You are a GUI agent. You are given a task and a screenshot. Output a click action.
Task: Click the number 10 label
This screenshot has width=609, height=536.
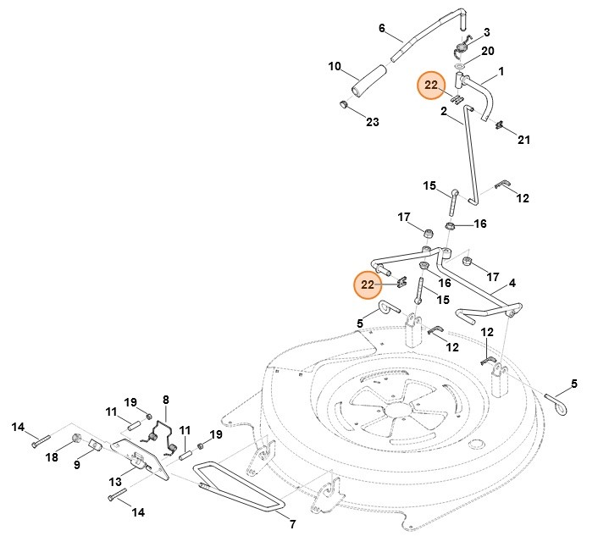point(335,66)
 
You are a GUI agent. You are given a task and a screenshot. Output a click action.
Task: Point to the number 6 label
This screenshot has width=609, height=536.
point(382,28)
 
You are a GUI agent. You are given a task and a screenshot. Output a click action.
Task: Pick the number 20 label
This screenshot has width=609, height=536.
point(487,51)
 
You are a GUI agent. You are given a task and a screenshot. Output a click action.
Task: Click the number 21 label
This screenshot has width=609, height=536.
point(523,140)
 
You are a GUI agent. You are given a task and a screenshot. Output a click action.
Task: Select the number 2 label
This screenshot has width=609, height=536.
point(444,111)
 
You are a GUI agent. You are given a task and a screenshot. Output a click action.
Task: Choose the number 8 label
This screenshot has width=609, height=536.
point(166,399)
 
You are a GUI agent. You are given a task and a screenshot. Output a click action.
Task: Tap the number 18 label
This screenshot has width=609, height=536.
point(52,458)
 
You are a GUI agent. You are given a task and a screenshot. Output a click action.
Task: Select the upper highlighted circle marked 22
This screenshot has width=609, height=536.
point(432,85)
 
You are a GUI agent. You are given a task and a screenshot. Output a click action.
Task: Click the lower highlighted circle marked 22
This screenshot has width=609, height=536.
point(368,285)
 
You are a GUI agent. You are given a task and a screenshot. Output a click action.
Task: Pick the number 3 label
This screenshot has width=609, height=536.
point(487,32)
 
